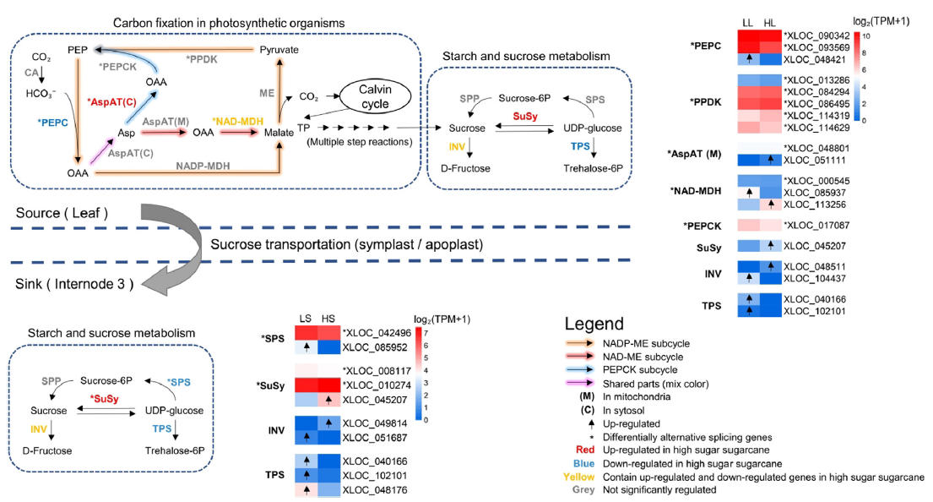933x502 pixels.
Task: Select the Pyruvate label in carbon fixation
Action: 279,50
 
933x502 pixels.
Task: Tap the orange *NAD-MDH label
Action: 238,123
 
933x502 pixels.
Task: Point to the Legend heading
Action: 595,325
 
